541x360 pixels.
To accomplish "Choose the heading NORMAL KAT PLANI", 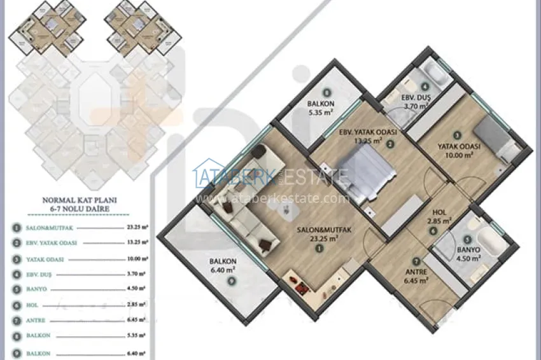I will (x=79, y=199).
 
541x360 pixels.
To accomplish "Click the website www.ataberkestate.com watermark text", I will (x=273, y=198).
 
